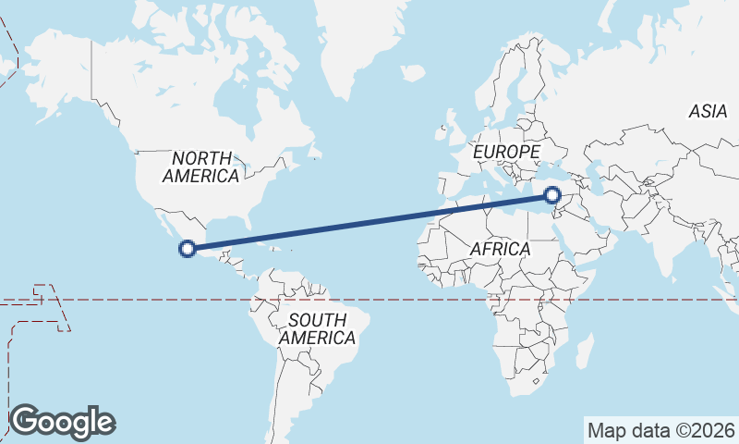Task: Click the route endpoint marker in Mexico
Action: pyautogui.click(x=188, y=248)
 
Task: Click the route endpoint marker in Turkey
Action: pyautogui.click(x=552, y=195)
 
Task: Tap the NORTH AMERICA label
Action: pyautogui.click(x=200, y=166)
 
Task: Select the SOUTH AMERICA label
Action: pyautogui.click(x=317, y=328)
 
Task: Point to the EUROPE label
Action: pyautogui.click(x=505, y=151)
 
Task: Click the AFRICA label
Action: pyautogui.click(x=500, y=249)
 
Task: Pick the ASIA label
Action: pyautogui.click(x=708, y=111)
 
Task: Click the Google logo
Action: pyautogui.click(x=62, y=422)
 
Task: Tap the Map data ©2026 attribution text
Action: pyautogui.click(x=661, y=430)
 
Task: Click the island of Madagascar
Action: pyautogui.click(x=584, y=351)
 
